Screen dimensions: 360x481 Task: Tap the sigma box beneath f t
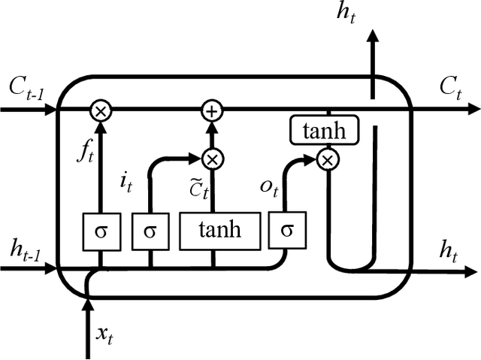[100, 231]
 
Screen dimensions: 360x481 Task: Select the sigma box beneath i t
[151, 231]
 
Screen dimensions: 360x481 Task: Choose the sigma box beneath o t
[286, 231]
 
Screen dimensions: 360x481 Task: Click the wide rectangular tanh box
[220, 230]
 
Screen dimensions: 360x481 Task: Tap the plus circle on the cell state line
[213, 110]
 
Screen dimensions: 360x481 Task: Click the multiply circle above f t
[100, 110]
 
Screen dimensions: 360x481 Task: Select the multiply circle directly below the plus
[213, 159]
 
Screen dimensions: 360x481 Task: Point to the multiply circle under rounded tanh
[327, 159]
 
